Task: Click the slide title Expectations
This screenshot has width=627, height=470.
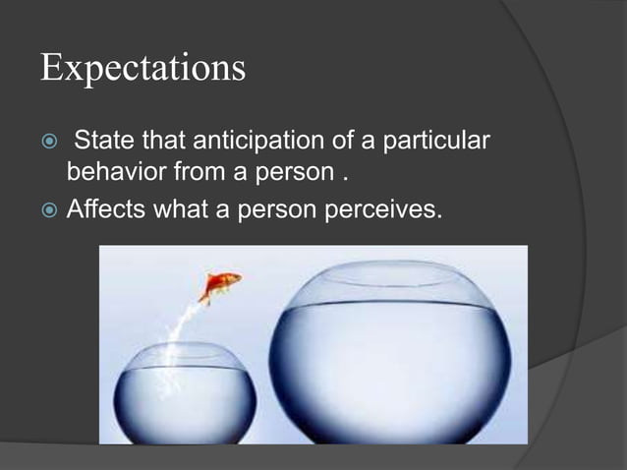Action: pos(142,68)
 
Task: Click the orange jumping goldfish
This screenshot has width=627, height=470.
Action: pos(220,286)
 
